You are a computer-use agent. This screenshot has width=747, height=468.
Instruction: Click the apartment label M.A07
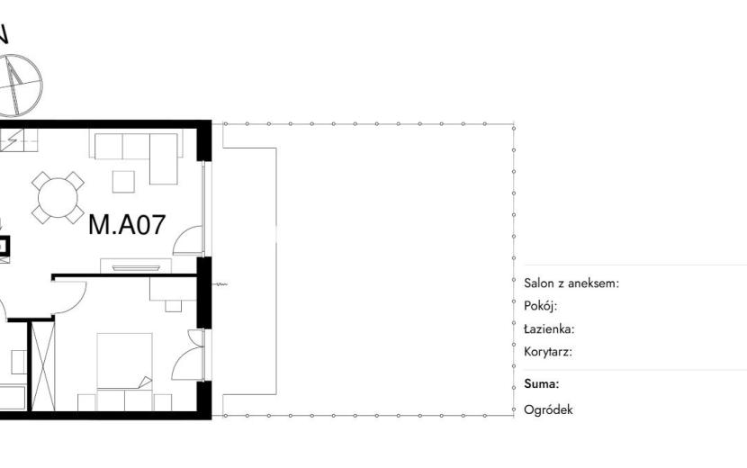127,224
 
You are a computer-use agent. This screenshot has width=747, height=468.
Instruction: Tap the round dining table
58,198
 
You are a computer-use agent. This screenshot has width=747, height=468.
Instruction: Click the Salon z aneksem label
571,283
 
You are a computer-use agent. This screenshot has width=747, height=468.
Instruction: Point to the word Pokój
540,306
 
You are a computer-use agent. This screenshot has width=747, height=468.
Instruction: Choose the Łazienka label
549,328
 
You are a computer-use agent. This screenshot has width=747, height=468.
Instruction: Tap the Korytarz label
548,352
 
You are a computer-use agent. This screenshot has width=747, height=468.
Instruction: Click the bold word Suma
541,384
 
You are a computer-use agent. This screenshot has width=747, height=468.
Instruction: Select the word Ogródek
548,409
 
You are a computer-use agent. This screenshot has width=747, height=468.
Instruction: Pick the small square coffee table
123,182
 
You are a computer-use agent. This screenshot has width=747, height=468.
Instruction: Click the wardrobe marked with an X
43,366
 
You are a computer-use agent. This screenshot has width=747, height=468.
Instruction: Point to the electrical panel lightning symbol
10,139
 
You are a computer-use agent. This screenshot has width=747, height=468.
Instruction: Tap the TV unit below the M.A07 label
136,265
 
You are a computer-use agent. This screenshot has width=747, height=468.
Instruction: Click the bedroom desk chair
174,305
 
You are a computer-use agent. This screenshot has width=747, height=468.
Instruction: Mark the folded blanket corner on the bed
145,382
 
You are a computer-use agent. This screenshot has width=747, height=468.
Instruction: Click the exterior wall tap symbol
220,284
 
